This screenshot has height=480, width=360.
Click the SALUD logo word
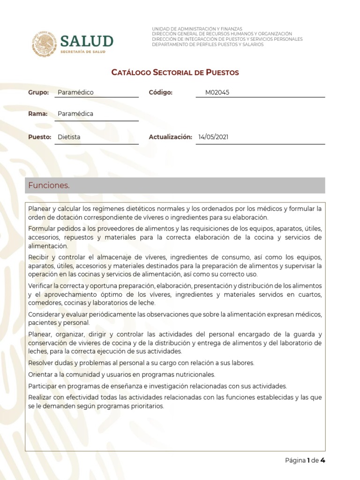coord(87,41)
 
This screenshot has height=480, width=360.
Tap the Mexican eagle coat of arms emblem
coord(45,44)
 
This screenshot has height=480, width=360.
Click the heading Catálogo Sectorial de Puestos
coord(175,73)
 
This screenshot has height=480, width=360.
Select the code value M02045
coord(217,92)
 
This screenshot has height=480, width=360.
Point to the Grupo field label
coord(38,92)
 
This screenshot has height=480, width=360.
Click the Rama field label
coord(38,114)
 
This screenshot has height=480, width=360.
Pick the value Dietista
coord(69,137)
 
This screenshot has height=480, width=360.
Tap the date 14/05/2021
coord(214,137)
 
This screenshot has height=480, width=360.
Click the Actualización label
coord(170,137)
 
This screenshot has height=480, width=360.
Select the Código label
coord(161,92)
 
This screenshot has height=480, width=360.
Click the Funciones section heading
coord(49,186)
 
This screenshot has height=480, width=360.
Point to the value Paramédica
coord(75,114)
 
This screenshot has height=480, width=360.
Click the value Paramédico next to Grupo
coord(75,92)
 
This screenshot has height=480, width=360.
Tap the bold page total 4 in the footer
coord(323,460)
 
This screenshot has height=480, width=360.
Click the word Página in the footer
coord(295,460)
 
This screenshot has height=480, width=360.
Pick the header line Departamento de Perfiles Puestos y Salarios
coord(208,45)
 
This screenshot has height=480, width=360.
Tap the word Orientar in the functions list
coord(40,375)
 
